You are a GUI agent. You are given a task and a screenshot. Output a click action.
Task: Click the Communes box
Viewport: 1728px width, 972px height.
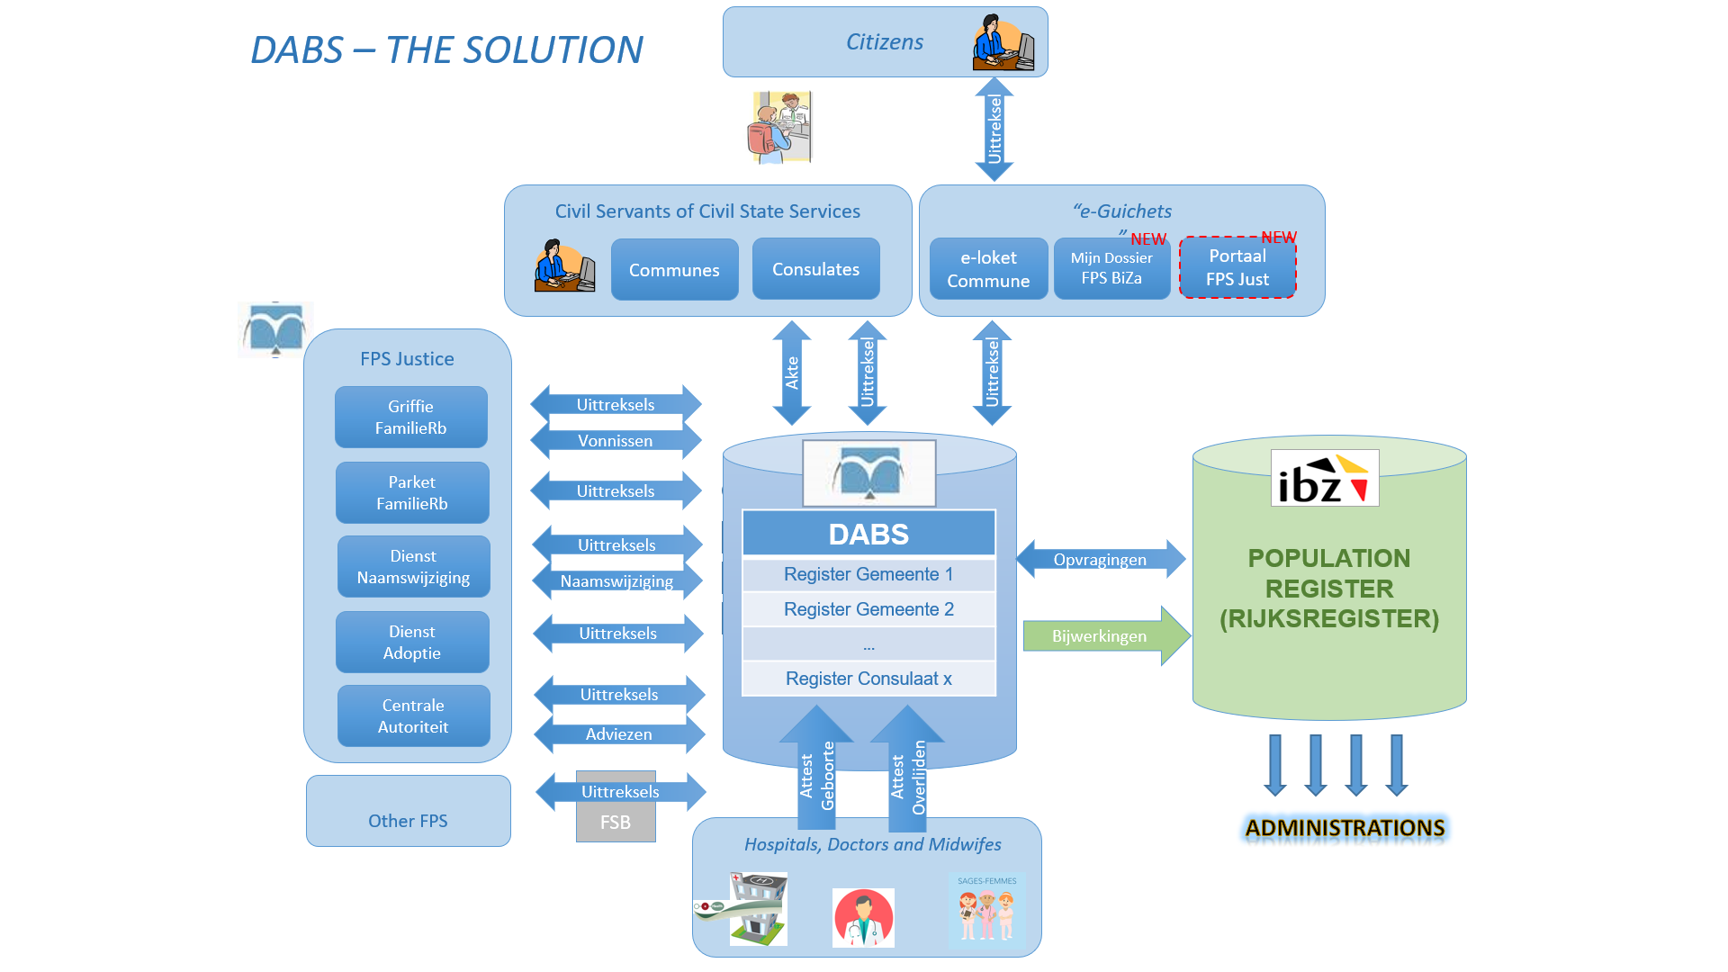point(674,269)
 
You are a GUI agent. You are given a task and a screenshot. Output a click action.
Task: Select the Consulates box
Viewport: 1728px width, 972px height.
point(815,268)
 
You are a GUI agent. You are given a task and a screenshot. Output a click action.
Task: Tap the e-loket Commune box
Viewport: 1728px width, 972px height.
point(987,268)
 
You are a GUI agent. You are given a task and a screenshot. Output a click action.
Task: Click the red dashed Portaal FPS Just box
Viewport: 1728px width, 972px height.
point(1237,267)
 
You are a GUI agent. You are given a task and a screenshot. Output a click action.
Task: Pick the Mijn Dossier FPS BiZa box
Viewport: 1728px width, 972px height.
point(1111,268)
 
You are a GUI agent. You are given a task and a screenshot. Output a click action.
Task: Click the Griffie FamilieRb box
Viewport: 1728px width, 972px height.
point(410,417)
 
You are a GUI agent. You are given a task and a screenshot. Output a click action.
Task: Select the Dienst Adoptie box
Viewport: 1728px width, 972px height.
point(412,642)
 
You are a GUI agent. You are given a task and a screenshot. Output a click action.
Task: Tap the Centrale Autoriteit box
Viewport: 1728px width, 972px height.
point(413,715)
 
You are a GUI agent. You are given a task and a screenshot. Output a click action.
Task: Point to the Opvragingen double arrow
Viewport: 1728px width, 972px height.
point(1100,559)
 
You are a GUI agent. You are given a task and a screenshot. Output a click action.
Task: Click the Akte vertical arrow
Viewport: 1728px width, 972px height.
point(792,373)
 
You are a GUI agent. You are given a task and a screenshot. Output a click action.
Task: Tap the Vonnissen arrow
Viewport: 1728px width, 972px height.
point(616,441)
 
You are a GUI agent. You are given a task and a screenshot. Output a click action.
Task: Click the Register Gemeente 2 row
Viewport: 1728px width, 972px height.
point(868,609)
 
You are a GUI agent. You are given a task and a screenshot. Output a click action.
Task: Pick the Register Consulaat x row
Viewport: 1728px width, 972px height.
point(868,679)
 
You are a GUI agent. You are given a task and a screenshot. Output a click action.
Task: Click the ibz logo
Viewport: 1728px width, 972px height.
point(1324,478)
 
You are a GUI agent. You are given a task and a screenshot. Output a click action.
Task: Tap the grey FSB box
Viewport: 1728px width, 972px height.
point(616,823)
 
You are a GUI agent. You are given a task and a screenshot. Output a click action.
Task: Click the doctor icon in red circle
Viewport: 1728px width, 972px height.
point(863,917)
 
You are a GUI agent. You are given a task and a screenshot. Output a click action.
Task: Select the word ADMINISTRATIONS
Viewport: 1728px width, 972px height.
point(1345,828)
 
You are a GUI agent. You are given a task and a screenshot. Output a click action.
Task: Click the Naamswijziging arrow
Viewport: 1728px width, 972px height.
point(616,581)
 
